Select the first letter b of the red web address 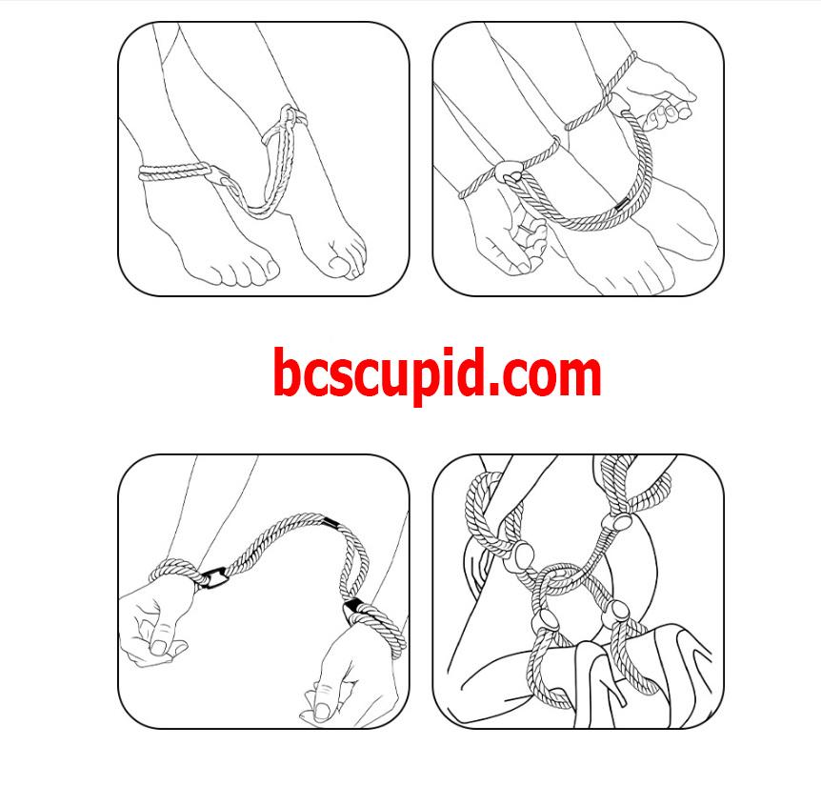pos(287,371)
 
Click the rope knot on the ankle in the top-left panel pos(290,115)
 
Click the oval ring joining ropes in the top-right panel pos(507,171)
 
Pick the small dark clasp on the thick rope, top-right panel pos(623,204)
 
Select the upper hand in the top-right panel pos(661,91)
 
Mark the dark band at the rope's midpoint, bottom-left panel pos(330,522)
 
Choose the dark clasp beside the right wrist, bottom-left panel pos(353,611)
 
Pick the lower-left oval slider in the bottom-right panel pos(544,620)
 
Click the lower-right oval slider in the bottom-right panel pos(614,612)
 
